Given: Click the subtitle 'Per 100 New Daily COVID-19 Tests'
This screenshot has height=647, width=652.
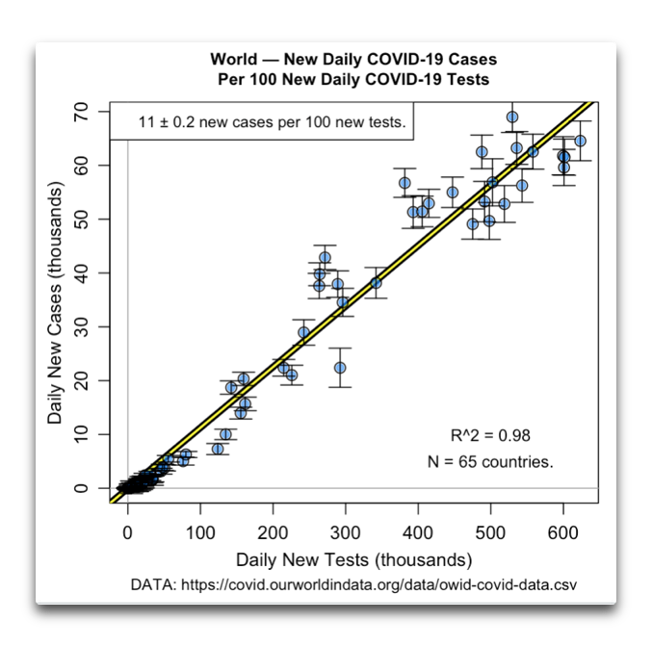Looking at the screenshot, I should pos(353,80).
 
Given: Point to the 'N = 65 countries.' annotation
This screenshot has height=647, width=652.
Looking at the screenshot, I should pos(490,461).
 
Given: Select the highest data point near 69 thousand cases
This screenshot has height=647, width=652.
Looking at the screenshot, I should pos(512,117).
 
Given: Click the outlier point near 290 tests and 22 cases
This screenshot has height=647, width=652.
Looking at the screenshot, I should pos(339,368).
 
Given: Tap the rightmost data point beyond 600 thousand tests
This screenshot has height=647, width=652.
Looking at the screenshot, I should pos(580,141).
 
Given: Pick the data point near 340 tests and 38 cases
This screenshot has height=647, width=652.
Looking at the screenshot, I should pos(376,282).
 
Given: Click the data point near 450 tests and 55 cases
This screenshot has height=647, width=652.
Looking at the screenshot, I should pos(453,192).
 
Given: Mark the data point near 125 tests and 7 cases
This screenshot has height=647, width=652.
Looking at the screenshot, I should pos(218,449).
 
